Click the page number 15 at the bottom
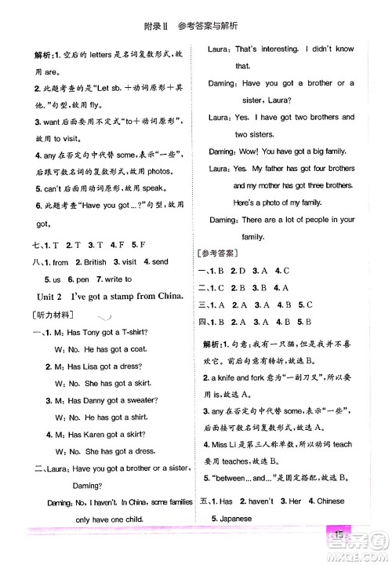337,535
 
